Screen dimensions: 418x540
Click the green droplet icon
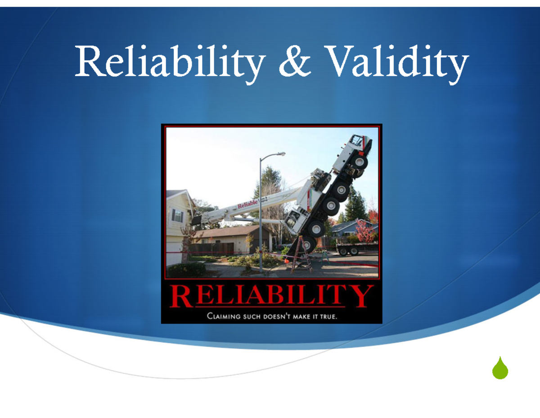point(500,368)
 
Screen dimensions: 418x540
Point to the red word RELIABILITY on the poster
point(272,297)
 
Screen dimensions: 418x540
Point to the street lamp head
point(280,154)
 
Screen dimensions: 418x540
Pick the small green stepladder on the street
point(325,256)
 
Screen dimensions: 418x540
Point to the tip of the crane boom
point(196,220)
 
